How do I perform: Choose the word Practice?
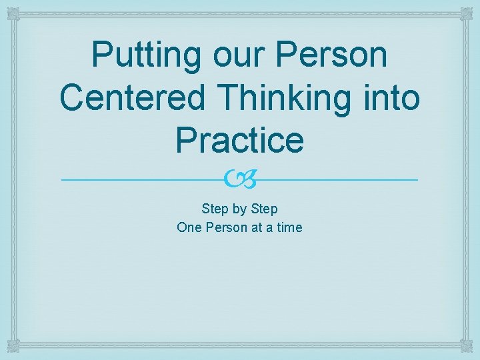coord(239,139)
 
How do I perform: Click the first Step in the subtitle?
coord(215,209)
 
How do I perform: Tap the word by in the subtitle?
coord(240,209)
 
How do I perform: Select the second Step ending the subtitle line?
coord(265,209)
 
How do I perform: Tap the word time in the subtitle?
coord(288,227)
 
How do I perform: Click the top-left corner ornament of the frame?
coord(13,13)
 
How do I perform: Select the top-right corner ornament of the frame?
coord(467,13)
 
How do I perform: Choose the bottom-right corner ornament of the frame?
coord(467,347)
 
